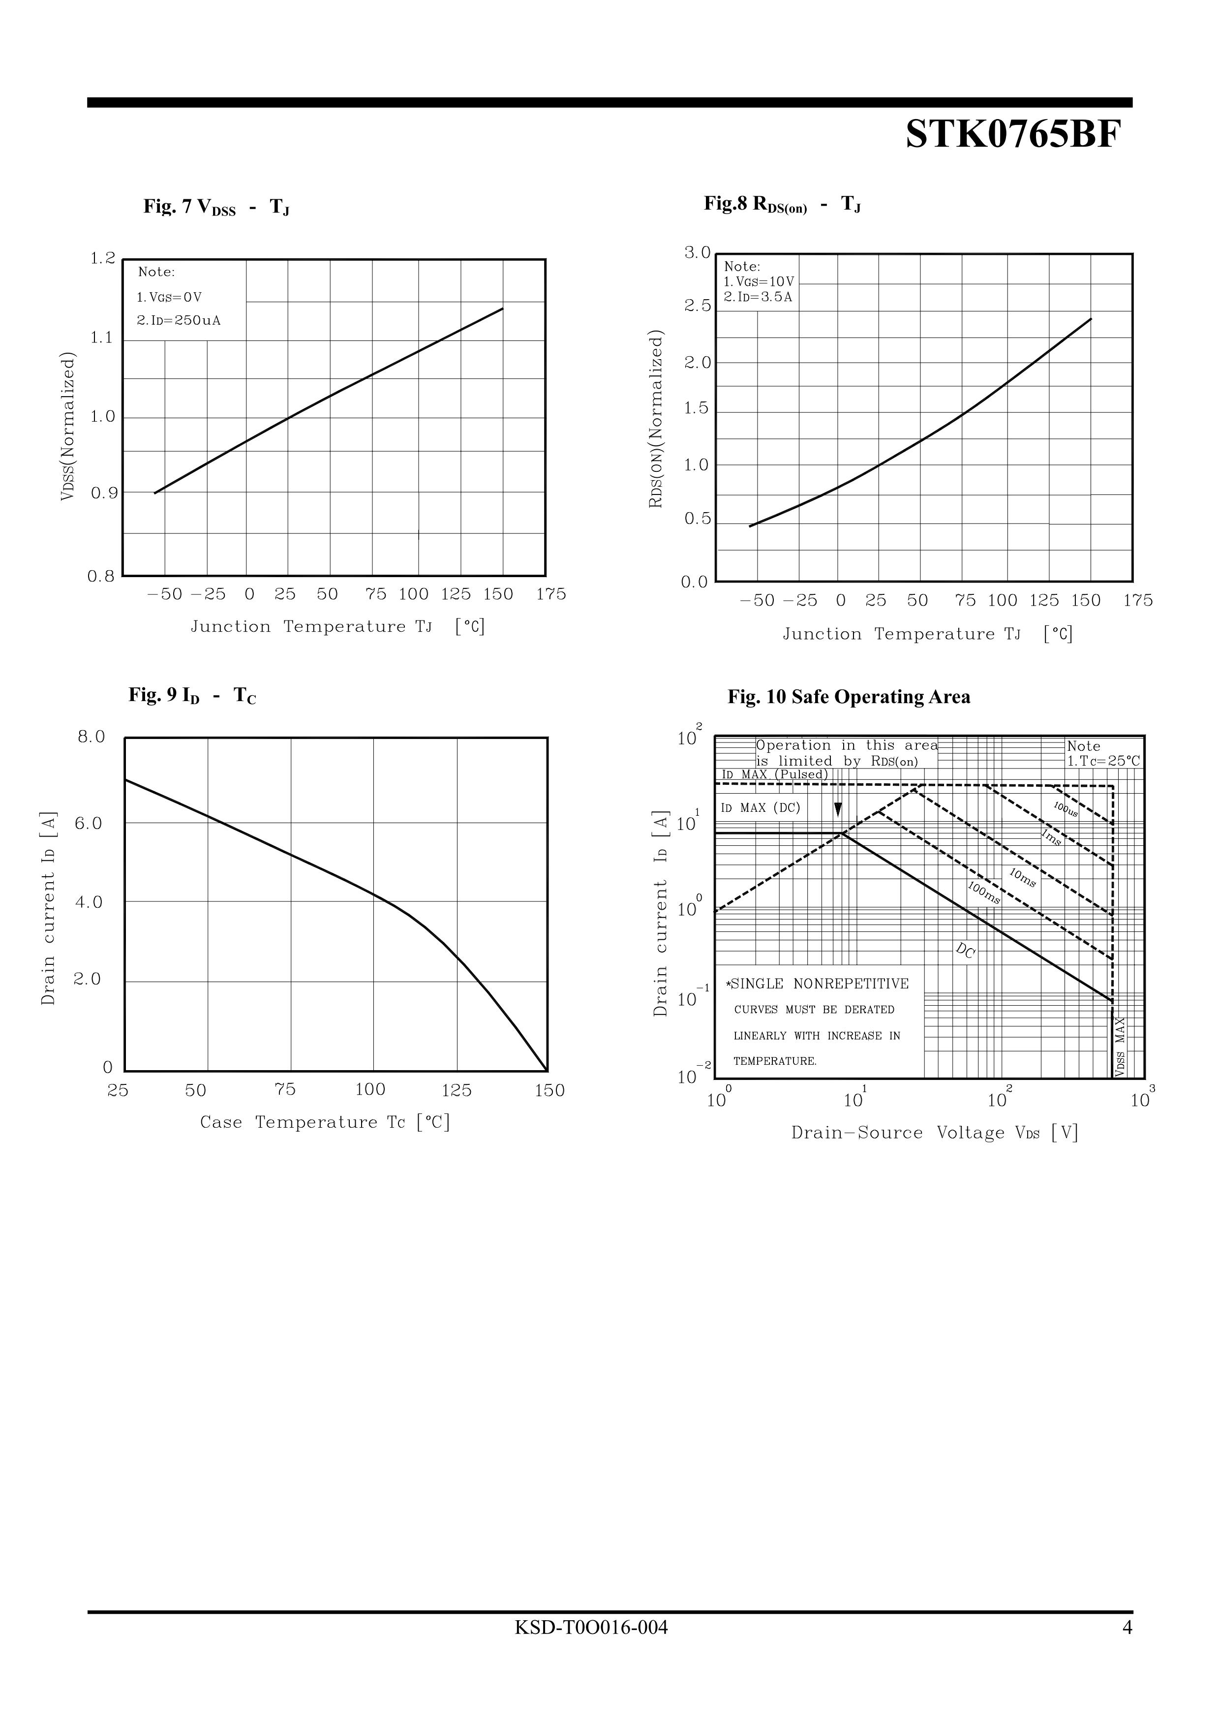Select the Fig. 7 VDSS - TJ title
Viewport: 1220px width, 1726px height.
[216, 207]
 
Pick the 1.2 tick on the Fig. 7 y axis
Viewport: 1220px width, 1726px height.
[103, 259]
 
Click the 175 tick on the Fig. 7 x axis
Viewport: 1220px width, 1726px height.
[551, 595]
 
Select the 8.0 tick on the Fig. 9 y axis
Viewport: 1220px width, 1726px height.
[91, 737]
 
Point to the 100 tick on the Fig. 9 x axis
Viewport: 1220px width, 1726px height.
[370, 1089]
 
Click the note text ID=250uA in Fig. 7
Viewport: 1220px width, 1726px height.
[179, 321]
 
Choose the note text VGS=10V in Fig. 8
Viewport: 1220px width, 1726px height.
[759, 282]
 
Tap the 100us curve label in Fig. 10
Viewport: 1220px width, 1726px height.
[1066, 809]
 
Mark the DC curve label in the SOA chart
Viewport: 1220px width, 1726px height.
[965, 951]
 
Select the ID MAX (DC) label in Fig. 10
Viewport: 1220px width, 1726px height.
[761, 808]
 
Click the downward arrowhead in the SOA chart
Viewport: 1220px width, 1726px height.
[838, 810]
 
